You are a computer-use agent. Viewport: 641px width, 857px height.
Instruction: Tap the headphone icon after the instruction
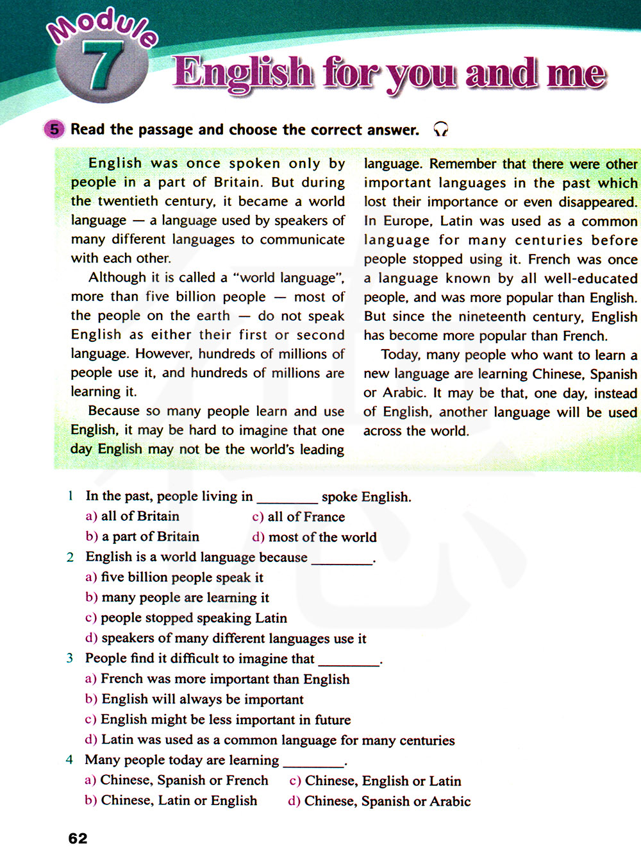tap(440, 130)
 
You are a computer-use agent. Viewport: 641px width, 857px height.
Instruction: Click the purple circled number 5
tap(54, 130)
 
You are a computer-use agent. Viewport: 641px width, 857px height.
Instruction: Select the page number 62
tap(78, 838)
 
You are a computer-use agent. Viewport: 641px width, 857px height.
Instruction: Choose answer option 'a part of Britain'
tap(149, 537)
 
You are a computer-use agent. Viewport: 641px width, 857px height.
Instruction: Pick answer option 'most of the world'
tap(322, 537)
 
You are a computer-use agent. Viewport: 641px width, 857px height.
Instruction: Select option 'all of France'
tap(306, 516)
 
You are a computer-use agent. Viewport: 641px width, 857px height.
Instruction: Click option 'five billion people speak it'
tap(182, 577)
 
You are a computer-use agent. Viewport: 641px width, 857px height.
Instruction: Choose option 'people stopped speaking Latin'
tap(194, 618)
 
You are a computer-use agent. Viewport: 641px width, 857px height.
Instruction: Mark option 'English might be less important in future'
tap(226, 720)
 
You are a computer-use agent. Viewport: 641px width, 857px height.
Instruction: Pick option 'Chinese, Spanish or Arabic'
tap(387, 801)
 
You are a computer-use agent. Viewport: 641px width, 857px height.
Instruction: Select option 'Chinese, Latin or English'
tap(179, 801)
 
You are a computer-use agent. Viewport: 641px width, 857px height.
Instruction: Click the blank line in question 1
tap(287, 498)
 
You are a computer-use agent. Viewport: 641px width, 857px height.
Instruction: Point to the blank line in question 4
tap(313, 761)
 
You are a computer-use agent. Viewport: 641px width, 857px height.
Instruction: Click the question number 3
tap(69, 658)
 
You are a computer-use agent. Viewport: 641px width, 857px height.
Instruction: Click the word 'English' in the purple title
tap(243, 72)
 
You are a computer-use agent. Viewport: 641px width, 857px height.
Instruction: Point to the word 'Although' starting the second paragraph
tap(117, 278)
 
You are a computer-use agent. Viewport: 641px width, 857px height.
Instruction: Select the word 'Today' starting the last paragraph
tap(400, 355)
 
